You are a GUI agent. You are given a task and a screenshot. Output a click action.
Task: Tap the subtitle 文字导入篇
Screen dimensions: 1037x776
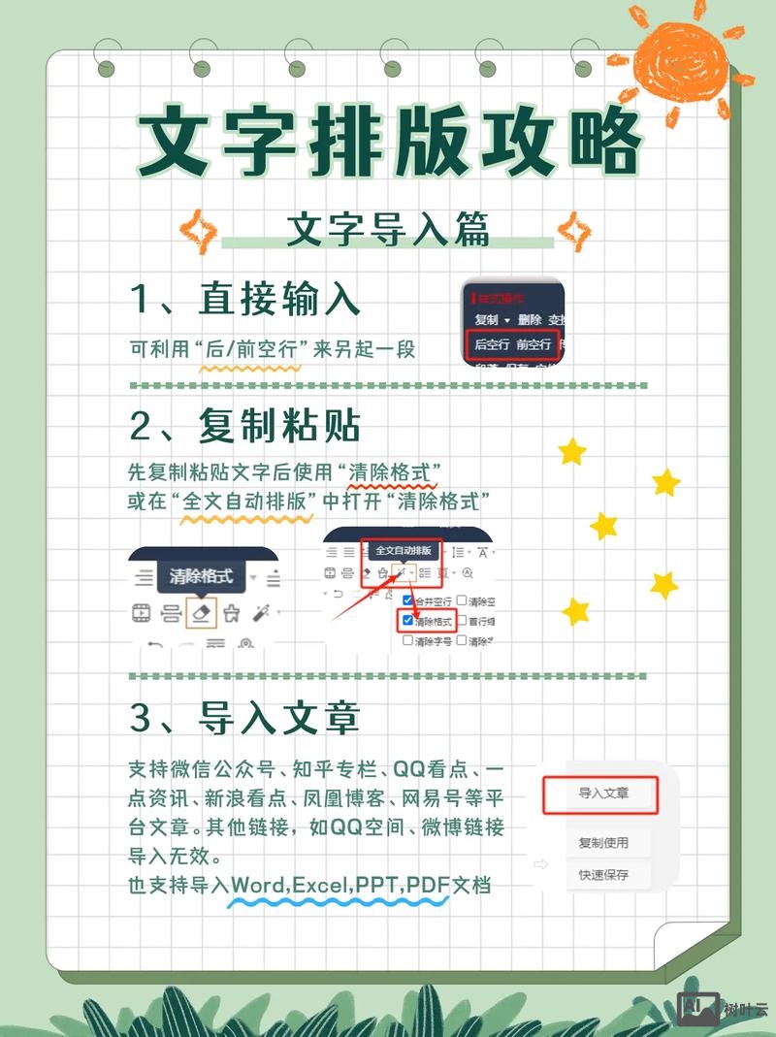coord(388,230)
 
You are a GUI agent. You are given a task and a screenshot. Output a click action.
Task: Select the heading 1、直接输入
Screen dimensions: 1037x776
coord(245,298)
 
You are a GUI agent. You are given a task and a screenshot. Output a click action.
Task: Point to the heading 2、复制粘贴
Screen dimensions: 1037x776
coord(245,424)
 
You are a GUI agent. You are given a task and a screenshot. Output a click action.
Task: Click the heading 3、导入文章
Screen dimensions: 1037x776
coord(245,718)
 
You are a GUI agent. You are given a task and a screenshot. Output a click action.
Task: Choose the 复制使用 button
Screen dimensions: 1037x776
coord(603,843)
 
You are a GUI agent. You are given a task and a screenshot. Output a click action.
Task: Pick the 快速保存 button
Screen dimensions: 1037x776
coord(603,875)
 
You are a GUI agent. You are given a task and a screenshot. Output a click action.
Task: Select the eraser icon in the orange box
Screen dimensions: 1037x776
coord(201,613)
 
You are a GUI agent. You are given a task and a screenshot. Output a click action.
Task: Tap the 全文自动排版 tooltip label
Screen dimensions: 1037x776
coord(403,550)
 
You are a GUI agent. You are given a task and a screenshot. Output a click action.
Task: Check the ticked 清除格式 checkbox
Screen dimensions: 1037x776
coord(407,621)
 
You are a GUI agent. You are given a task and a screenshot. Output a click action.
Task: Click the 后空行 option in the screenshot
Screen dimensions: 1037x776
coord(491,344)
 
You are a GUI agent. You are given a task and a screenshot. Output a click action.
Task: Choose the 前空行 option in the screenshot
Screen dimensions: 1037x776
coord(533,344)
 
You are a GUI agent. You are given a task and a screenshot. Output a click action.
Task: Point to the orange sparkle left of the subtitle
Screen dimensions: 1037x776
coord(202,231)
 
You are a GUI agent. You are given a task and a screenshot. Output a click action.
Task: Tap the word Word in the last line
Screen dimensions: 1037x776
coord(256,885)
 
